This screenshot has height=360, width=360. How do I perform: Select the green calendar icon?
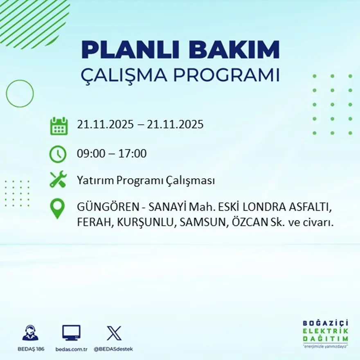59,126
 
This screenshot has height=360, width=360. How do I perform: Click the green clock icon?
58,154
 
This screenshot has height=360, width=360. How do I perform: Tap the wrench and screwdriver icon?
58,180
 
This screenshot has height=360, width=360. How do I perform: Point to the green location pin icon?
57,208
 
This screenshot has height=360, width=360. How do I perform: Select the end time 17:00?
133,154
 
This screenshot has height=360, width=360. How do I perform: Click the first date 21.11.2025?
105,124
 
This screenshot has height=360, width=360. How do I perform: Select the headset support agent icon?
30,333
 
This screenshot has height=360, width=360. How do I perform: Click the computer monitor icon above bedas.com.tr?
71,333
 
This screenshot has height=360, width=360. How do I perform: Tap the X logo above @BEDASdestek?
114,333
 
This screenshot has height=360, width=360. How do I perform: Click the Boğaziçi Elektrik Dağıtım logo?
326,333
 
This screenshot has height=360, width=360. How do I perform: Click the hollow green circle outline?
20,94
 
